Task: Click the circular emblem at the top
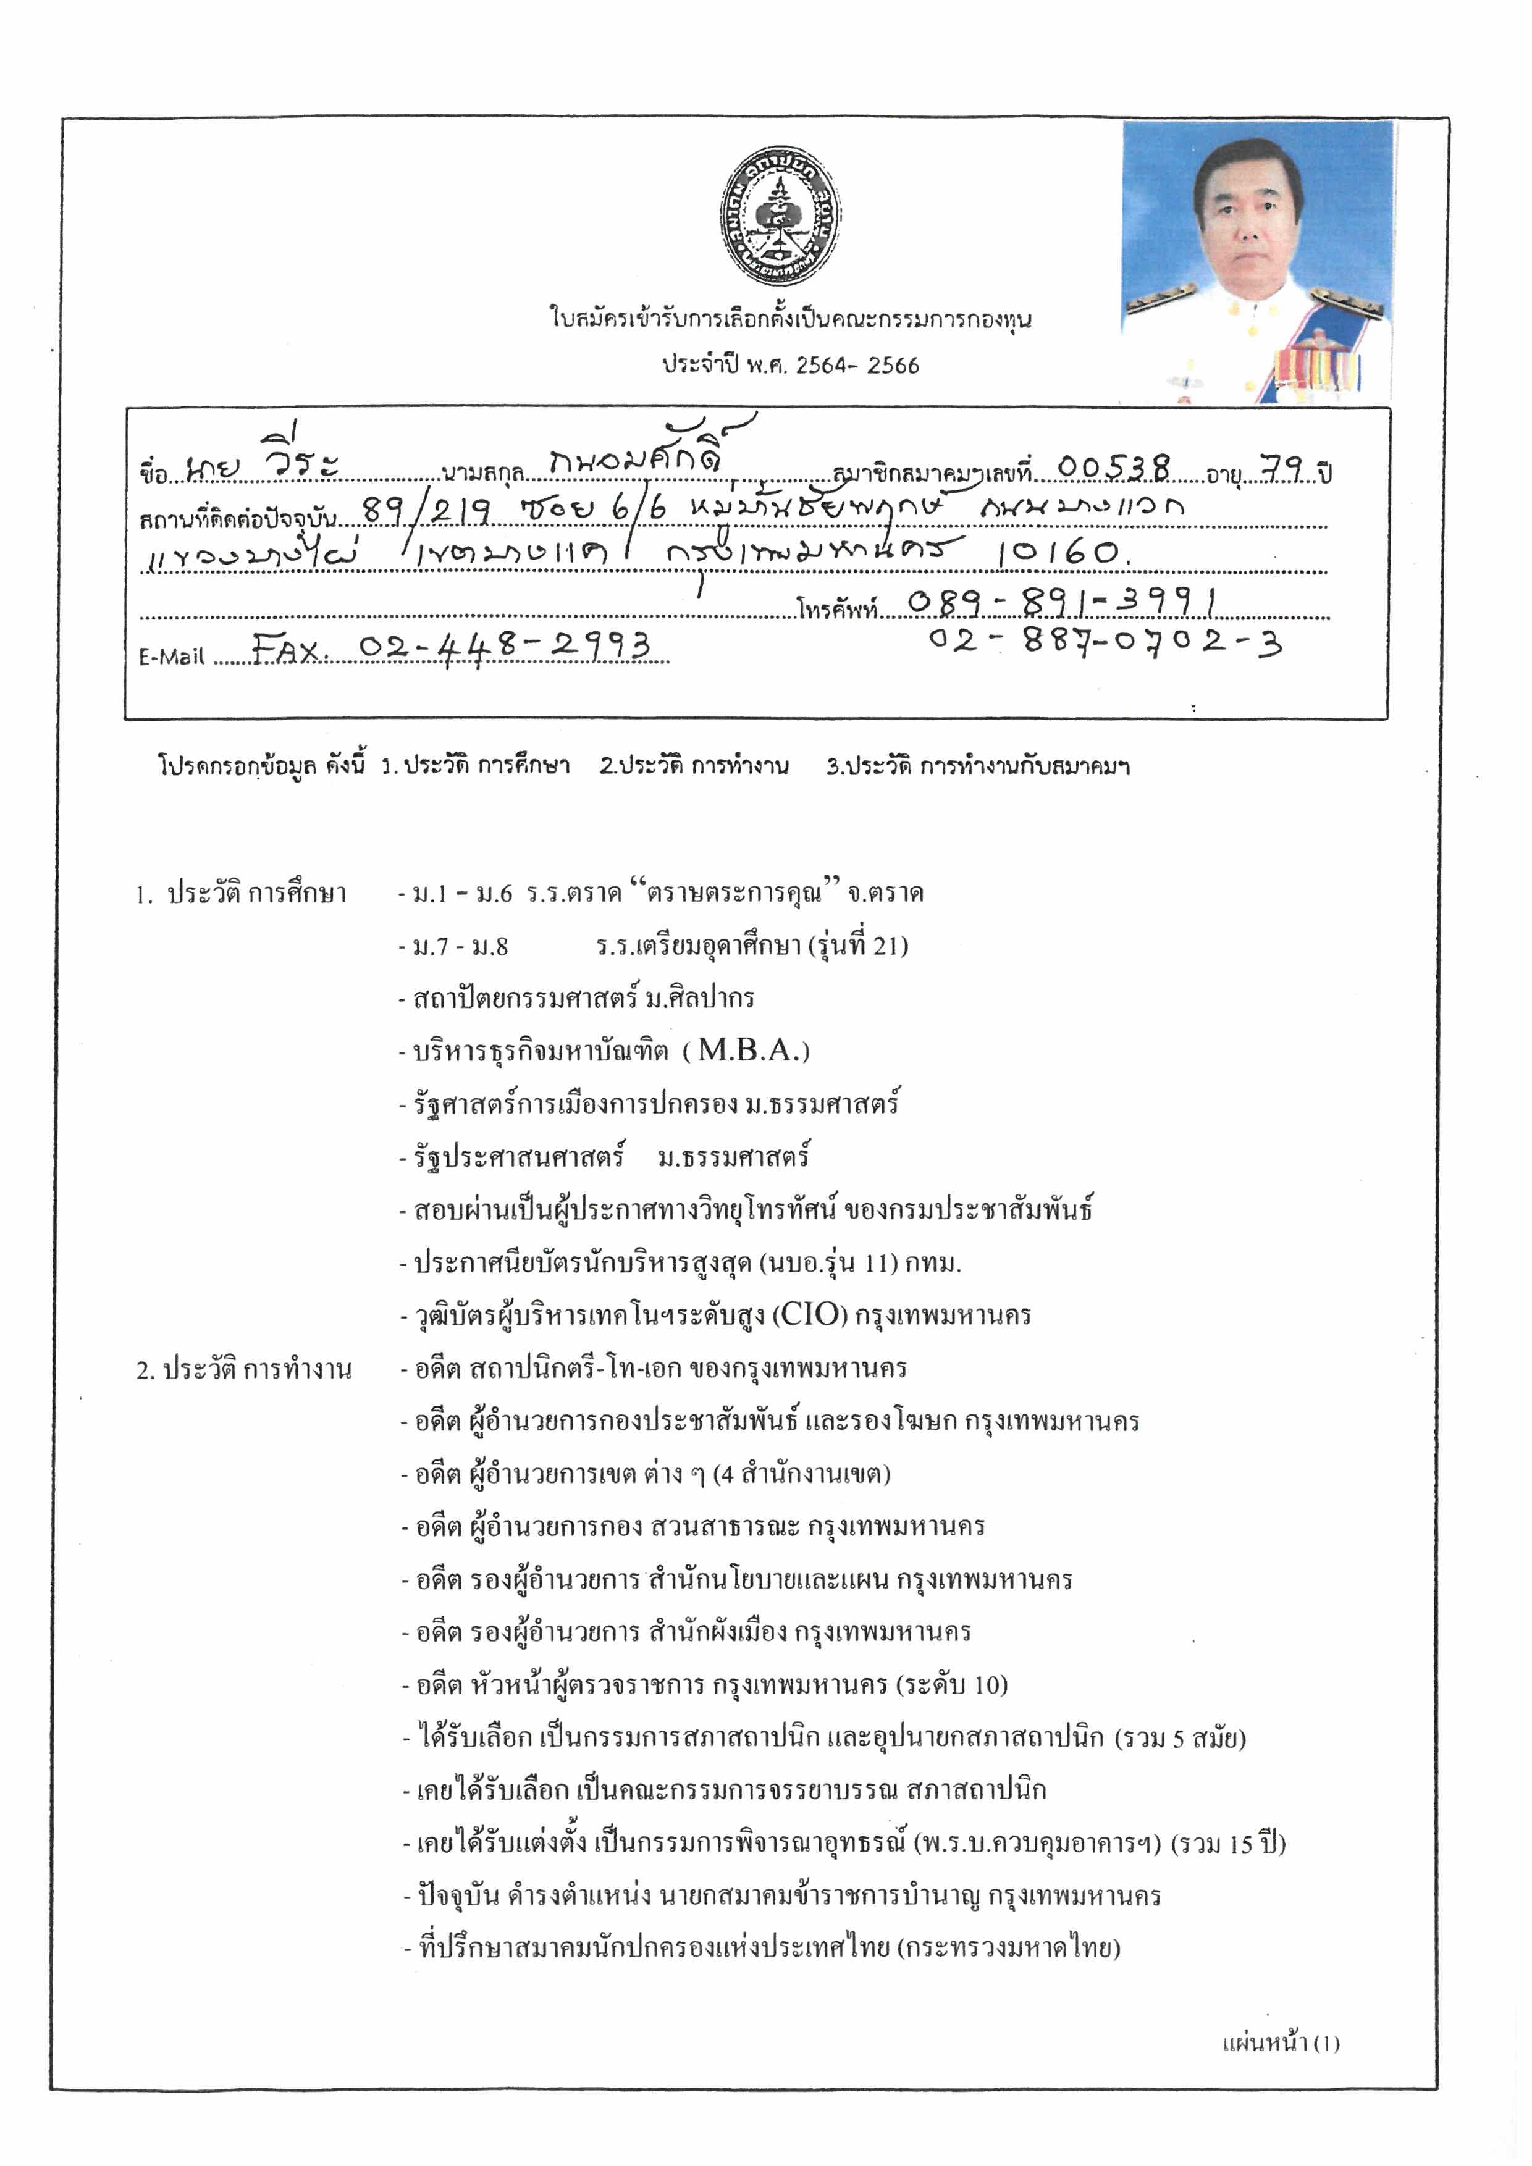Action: click(x=779, y=217)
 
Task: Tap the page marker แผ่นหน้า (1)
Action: click(x=1280, y=2042)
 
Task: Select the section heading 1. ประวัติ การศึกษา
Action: click(x=242, y=892)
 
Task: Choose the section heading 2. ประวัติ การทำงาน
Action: click(x=243, y=1369)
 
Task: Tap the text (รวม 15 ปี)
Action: click(x=1227, y=1844)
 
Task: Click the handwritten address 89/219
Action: click(x=426, y=510)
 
